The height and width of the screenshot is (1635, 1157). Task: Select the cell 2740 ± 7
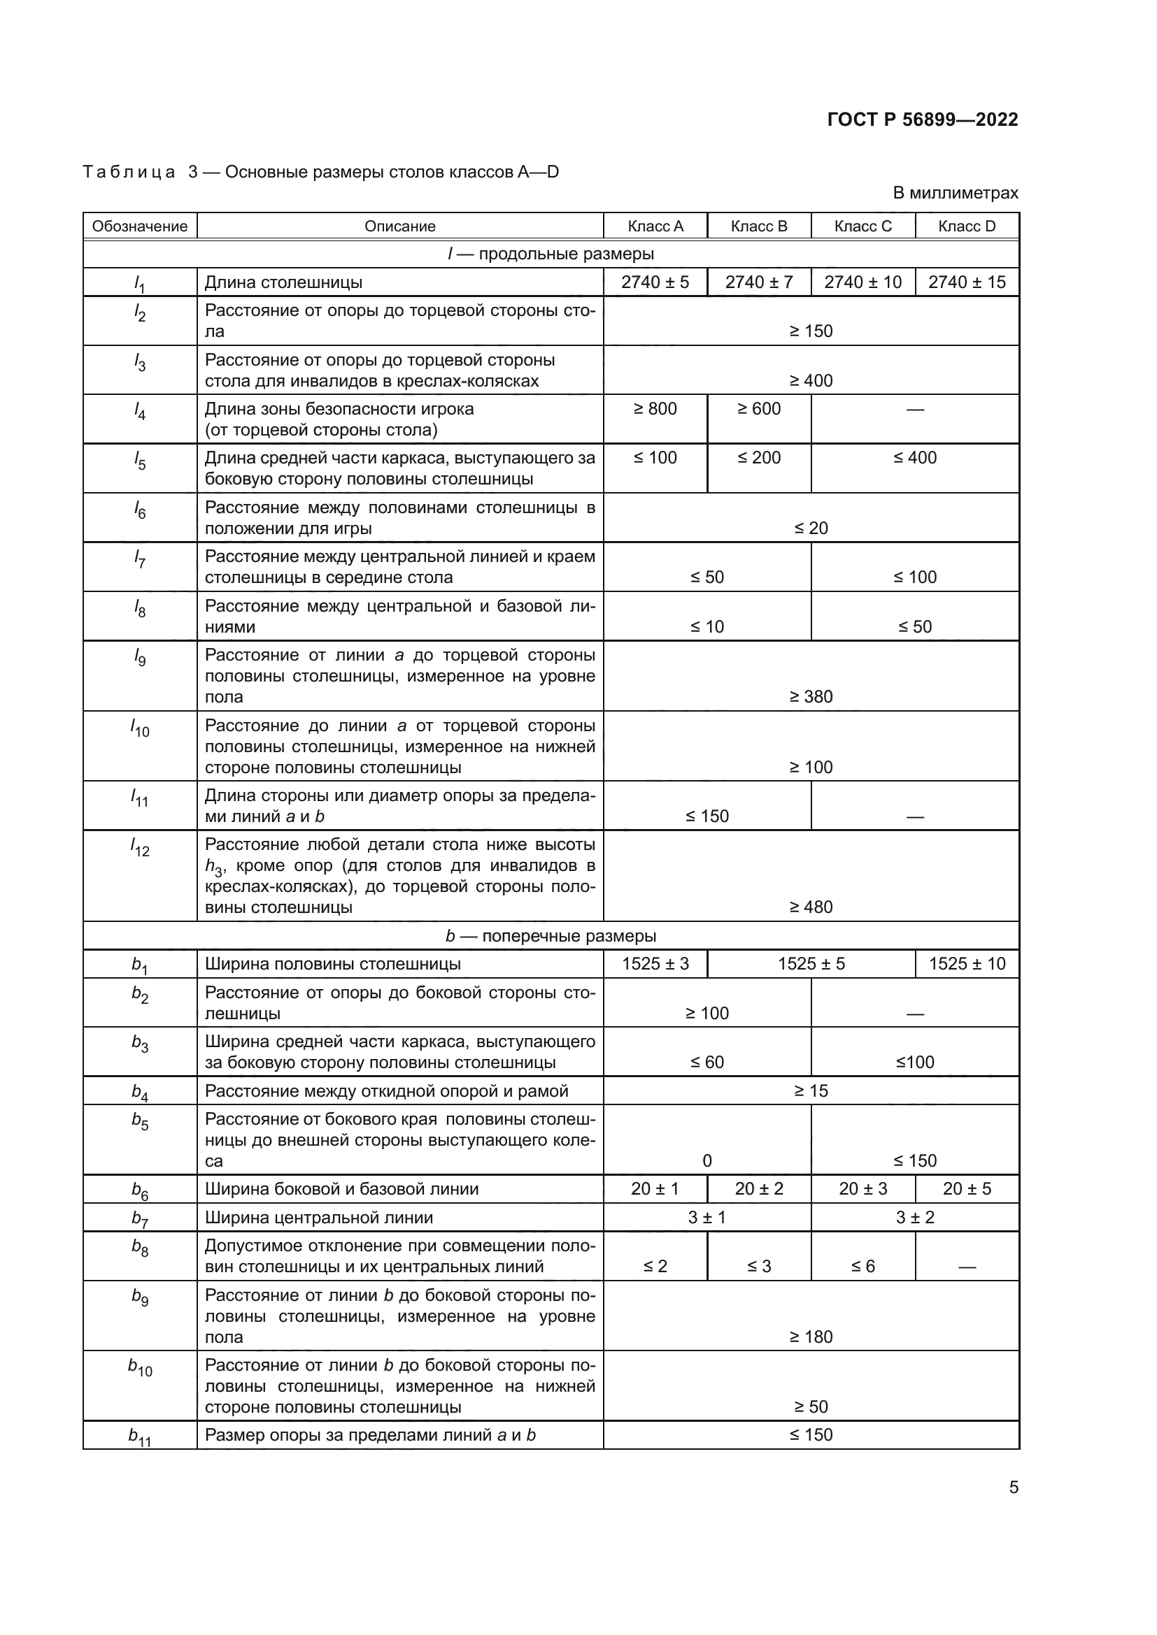[x=759, y=282]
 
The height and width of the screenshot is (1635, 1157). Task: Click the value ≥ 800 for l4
[x=655, y=409]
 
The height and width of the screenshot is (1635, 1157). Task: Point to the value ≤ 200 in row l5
[x=759, y=458]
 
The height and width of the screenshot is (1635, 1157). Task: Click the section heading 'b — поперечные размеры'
[x=551, y=936]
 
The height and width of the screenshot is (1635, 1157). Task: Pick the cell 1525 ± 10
[x=967, y=964]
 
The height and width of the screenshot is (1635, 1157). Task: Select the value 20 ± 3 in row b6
[x=863, y=1188]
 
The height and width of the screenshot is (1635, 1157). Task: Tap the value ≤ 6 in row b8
[x=863, y=1266]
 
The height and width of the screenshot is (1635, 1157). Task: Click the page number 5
[x=1013, y=1488]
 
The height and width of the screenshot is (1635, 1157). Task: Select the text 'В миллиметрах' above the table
[x=955, y=193]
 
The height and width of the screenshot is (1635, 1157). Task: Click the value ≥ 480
[x=811, y=907]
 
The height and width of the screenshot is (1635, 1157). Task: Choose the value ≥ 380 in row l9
[x=811, y=696]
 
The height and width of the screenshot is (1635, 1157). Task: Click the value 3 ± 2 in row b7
[x=915, y=1218]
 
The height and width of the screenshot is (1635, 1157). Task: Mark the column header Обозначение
[x=140, y=226]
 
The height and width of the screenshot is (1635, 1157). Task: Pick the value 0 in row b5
[x=707, y=1161]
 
